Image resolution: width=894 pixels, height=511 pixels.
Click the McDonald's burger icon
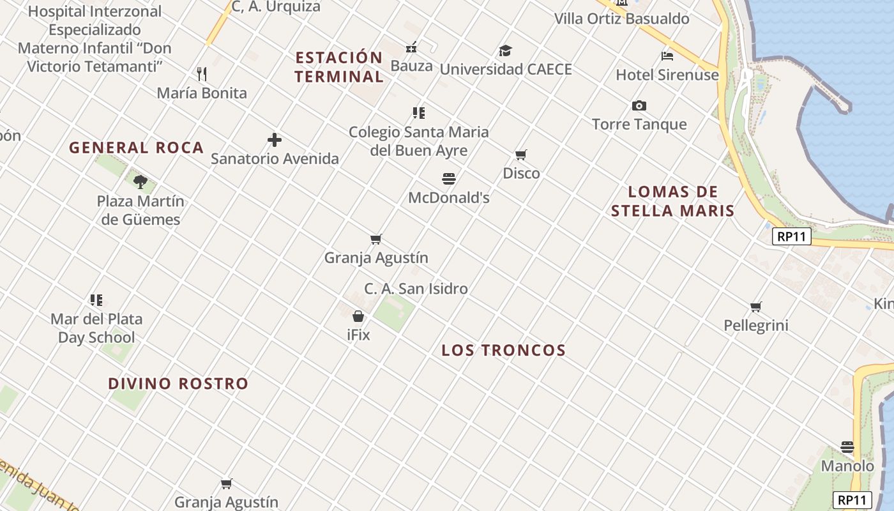click(x=449, y=179)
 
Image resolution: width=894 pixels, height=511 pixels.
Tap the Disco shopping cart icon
click(x=521, y=155)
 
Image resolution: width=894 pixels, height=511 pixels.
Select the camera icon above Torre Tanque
click(x=639, y=105)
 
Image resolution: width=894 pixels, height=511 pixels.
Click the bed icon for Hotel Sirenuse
click(x=667, y=56)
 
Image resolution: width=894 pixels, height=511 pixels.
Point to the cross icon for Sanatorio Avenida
click(x=275, y=140)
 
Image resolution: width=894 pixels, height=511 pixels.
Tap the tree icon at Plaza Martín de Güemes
click(x=140, y=182)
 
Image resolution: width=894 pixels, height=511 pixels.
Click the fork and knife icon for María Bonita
click(x=202, y=74)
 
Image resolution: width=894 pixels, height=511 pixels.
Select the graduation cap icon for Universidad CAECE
click(x=505, y=50)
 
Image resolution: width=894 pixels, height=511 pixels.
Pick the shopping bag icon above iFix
click(x=358, y=316)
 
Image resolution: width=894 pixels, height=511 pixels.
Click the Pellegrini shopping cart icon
click(x=756, y=307)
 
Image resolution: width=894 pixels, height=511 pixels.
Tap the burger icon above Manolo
click(x=847, y=447)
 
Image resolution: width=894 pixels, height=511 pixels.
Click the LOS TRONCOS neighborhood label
click(x=504, y=350)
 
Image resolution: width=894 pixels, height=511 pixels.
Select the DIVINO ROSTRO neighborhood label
click(x=178, y=384)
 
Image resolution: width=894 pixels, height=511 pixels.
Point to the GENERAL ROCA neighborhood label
click(x=136, y=148)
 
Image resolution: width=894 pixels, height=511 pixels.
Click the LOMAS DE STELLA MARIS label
click(x=673, y=201)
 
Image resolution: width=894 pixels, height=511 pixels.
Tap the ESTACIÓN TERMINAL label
click(x=339, y=67)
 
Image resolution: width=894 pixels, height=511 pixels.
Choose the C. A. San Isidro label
click(x=416, y=289)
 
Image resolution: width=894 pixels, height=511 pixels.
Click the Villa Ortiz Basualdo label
click(x=621, y=19)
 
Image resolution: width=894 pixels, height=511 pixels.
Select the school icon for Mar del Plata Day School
click(x=96, y=300)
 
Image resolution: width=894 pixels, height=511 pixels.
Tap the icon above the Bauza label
click(x=411, y=47)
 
